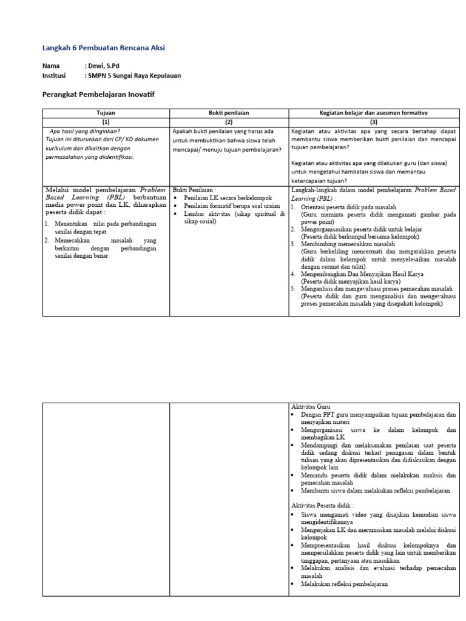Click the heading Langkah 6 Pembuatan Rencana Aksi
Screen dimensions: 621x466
(103, 48)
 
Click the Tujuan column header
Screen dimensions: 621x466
(106, 113)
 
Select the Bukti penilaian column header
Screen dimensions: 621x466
(229, 113)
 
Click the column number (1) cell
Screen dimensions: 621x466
(106, 121)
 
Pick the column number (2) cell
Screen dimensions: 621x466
(229, 121)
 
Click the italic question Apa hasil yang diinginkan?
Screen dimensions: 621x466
(84, 130)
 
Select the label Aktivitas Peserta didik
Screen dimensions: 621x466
(322, 505)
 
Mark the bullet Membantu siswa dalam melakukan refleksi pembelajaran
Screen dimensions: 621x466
(376, 490)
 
